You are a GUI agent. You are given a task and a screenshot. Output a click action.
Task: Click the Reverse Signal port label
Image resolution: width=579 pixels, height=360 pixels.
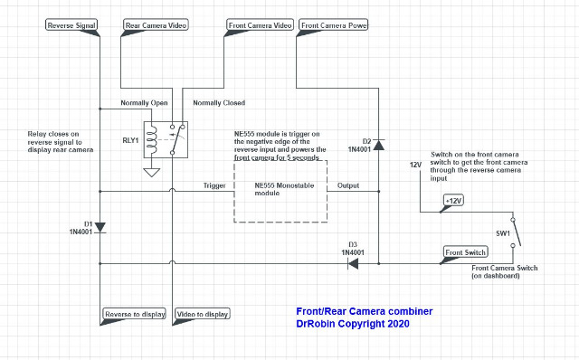71,25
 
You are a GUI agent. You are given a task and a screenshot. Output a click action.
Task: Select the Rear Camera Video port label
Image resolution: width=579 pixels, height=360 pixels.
156,25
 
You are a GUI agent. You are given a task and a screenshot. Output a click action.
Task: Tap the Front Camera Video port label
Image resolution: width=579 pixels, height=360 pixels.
260,25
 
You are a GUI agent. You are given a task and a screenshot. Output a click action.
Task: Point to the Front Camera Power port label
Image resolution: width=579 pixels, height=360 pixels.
334,25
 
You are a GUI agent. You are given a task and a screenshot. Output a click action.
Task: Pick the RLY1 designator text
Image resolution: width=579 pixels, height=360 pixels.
130,140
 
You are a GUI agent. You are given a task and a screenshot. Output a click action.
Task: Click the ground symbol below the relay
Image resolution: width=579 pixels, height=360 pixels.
151,173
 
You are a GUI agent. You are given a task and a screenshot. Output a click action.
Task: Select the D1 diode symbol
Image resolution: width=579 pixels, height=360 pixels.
100,227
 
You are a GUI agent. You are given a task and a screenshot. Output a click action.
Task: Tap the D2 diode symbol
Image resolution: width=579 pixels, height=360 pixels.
378,145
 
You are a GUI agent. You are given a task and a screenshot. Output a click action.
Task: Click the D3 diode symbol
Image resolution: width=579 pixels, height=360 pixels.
353,263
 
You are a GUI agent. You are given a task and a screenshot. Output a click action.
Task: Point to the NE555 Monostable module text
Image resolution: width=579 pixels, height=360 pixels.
284,189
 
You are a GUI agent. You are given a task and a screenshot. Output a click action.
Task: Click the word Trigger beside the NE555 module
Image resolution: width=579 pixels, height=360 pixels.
214,185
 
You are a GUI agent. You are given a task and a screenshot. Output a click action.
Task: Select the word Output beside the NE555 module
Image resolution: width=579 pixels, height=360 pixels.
347,185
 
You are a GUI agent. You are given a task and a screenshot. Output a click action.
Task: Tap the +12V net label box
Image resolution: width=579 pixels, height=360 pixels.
453,201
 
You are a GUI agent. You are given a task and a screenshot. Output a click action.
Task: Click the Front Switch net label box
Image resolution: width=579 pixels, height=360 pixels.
465,252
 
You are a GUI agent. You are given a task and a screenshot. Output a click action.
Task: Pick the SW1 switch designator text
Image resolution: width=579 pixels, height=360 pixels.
503,233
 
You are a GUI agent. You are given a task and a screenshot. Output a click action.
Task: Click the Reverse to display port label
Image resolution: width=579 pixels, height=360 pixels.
135,314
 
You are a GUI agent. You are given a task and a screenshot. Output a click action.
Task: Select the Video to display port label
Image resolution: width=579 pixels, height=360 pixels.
202,314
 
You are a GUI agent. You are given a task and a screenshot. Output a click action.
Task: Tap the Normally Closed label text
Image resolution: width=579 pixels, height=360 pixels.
219,102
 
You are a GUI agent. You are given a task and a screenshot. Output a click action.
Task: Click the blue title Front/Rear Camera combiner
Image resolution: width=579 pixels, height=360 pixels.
364,311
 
